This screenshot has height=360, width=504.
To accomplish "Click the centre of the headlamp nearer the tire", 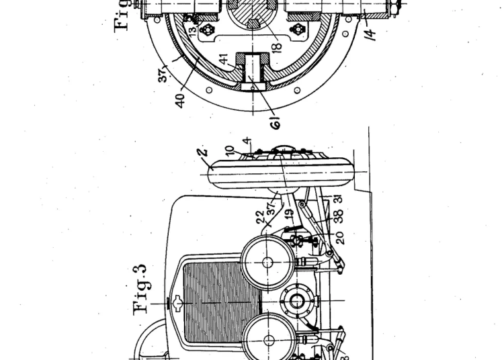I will (x=268, y=262).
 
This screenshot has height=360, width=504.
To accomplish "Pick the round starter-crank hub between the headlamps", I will (x=295, y=303).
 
